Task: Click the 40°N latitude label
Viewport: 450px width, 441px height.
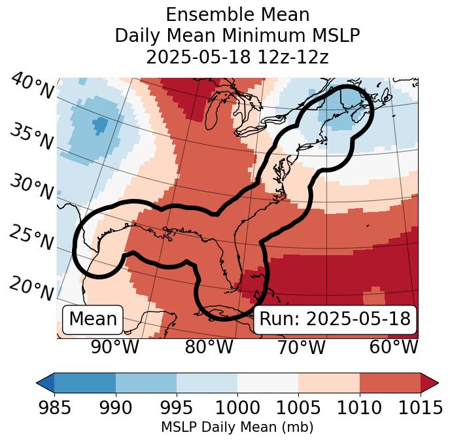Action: [x=32, y=87]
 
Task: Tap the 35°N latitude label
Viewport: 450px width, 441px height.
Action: [x=32, y=136]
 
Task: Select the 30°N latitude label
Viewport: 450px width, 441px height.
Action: [x=32, y=188]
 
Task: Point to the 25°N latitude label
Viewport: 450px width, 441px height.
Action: [x=32, y=238]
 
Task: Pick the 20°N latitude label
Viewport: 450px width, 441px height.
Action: [x=32, y=288]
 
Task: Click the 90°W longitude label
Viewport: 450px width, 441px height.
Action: [x=115, y=347]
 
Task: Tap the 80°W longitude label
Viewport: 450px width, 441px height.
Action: [x=209, y=347]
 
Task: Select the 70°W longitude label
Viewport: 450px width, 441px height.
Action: [x=301, y=347]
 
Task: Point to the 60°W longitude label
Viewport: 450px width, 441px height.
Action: [x=394, y=347]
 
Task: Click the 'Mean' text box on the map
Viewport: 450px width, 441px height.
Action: [x=93, y=319]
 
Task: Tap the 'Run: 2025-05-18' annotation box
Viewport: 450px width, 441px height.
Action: [x=335, y=319]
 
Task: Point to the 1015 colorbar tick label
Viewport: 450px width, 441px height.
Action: [x=420, y=408]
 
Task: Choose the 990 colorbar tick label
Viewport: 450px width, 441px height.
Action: [x=116, y=408]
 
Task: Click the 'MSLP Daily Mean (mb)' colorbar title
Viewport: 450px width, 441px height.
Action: [x=237, y=427]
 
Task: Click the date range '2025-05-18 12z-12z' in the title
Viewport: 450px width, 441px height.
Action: [x=237, y=56]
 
